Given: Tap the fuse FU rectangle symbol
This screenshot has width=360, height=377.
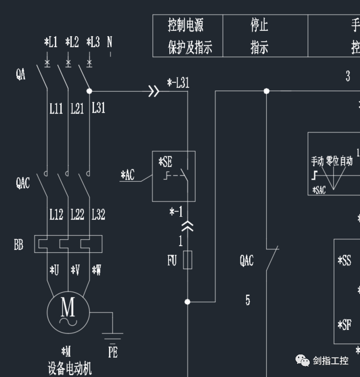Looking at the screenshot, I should click(x=188, y=259).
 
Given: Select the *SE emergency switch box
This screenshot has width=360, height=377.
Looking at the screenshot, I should click(x=173, y=176).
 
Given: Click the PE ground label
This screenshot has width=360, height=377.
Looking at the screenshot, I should click(x=113, y=352).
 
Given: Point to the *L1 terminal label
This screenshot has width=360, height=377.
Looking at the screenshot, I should click(x=50, y=42).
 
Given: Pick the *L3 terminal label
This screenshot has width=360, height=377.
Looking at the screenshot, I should click(x=93, y=42).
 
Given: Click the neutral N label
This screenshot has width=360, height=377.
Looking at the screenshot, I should click(x=110, y=42).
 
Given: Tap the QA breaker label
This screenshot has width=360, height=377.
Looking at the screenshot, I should click(x=20, y=75).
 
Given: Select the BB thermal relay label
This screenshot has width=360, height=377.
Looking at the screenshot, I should click(x=19, y=245).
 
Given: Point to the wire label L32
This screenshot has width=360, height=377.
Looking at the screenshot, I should click(x=98, y=214).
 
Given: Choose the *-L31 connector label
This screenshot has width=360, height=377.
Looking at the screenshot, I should click(x=178, y=82).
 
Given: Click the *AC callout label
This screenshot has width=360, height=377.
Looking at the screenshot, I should click(x=127, y=175).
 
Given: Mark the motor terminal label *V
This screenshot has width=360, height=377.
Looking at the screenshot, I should click(x=75, y=270).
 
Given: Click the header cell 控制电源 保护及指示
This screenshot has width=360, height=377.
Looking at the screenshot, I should click(x=188, y=36).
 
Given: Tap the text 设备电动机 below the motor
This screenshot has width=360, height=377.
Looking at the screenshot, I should click(x=70, y=369).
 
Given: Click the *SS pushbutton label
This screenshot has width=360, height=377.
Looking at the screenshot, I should click(x=344, y=260).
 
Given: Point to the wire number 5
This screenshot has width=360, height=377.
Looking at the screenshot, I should click(x=248, y=300).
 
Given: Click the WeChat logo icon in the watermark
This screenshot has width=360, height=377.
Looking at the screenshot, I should click(x=302, y=360).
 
